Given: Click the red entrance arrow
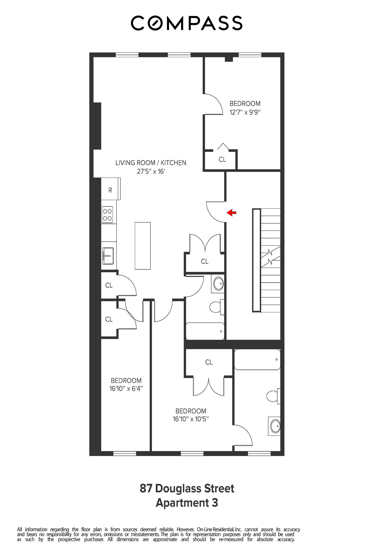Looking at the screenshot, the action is tap(231, 213).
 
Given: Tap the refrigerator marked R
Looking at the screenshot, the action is tap(111, 189).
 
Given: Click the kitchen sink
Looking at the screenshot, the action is tap(108, 256).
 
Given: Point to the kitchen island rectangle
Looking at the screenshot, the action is tap(143, 246).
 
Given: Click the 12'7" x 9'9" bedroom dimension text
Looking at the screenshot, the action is tap(245, 112).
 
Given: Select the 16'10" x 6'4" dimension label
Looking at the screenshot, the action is tap(126, 388).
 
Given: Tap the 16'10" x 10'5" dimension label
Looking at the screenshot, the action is tap(191, 419).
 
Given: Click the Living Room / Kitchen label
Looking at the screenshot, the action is tap(151, 163).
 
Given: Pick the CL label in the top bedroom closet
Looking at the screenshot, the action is tap(222, 159).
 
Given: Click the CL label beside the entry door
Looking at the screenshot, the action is tap(205, 261).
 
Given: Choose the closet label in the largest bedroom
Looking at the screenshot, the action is tap(209, 362).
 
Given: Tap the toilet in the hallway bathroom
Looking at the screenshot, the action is tap(217, 307).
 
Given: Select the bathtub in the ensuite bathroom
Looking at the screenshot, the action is tap(257, 359).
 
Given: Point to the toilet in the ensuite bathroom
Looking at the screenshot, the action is tap(273, 396).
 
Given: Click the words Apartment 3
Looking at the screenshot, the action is tap(187, 503).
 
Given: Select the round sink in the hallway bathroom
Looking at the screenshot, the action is tap(218, 284).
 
